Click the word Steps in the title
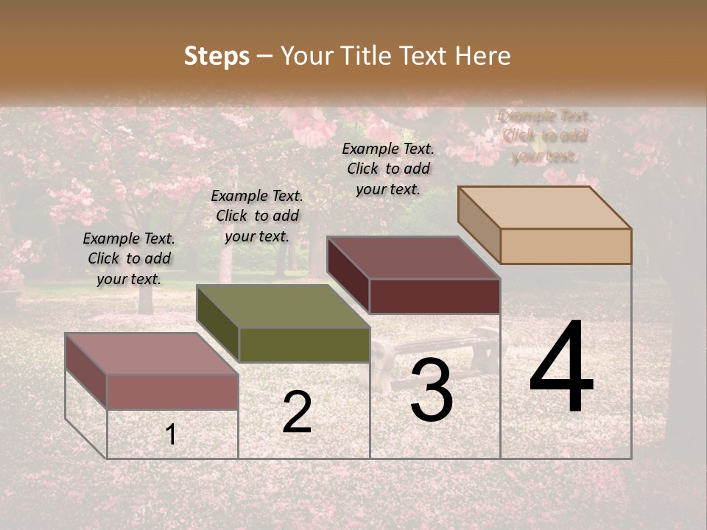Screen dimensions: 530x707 point(217,56)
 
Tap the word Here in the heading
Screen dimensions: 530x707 point(483,56)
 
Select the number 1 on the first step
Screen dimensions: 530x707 point(171,435)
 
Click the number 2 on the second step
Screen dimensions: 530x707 point(297,412)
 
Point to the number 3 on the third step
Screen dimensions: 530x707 point(431,391)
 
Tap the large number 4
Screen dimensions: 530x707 point(561,367)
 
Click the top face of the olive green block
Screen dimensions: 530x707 point(283,306)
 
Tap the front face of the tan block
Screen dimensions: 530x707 point(566,246)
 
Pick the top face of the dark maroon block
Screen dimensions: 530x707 point(414,258)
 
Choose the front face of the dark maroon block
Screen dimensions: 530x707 point(435,296)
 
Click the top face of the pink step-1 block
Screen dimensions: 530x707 point(152,354)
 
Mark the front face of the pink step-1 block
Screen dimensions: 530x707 point(172,392)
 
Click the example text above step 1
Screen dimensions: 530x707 point(129,258)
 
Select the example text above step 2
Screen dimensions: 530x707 point(257,216)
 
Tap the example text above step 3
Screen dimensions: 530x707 point(388,169)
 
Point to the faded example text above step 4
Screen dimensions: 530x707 point(544,135)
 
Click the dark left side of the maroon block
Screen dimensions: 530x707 point(348,276)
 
